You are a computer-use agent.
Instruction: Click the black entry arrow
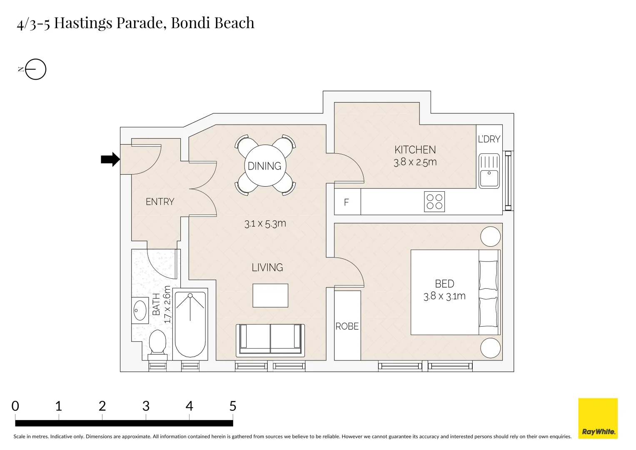point(110,159)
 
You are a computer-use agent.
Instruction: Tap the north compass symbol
point(35,69)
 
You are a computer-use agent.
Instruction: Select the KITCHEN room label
point(415,150)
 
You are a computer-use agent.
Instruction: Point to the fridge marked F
point(347,202)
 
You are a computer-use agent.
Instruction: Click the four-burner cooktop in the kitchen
point(434,202)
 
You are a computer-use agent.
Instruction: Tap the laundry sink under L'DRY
point(489,171)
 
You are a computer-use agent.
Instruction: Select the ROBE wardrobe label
point(347,326)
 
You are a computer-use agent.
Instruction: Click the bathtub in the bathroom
point(190,325)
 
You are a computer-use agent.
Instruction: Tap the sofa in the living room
point(270,340)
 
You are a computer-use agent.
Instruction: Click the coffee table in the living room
point(270,295)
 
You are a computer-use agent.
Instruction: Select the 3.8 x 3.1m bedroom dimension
point(444,296)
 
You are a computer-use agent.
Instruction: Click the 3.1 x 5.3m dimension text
point(265,224)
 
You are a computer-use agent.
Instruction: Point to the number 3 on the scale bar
point(146,406)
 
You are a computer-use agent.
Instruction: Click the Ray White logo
point(598,418)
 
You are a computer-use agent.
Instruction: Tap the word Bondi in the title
point(190,23)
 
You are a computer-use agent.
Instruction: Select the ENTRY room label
point(160,202)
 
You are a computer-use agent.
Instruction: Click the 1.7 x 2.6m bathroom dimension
point(167,304)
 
